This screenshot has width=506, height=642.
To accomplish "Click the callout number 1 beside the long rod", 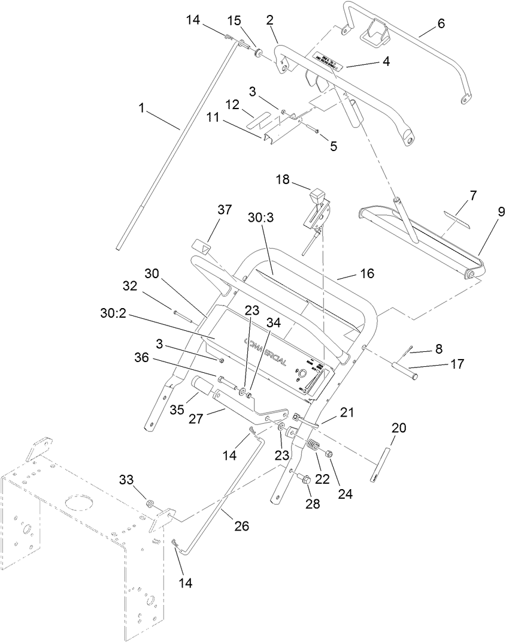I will pyautogui.click(x=141, y=108).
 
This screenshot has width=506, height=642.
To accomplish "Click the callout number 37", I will pyautogui.click(x=224, y=210).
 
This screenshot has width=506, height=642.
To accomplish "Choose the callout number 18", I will pyautogui.click(x=283, y=179).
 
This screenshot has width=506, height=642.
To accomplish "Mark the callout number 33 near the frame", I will pyautogui.click(x=126, y=480).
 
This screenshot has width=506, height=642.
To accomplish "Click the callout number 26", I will pyautogui.click(x=241, y=526).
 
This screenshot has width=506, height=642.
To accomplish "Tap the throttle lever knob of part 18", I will pyautogui.click(x=317, y=197).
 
